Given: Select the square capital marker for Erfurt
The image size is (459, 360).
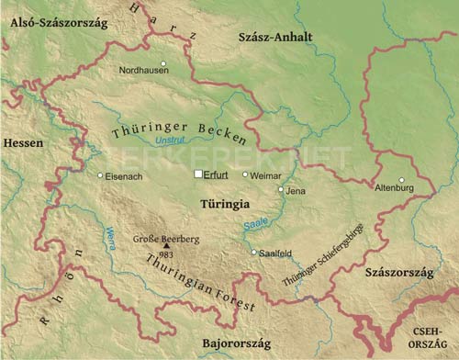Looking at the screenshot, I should [197, 174].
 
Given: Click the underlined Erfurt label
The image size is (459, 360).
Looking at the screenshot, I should [217, 174].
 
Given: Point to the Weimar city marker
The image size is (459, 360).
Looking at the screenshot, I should [245, 174].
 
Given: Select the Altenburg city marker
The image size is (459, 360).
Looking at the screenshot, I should [401, 179].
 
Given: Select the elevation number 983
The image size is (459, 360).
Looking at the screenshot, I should [165, 253].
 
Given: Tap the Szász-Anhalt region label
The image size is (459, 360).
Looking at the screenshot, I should [274, 37].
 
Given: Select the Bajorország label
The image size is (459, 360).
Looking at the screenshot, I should [222, 340].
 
